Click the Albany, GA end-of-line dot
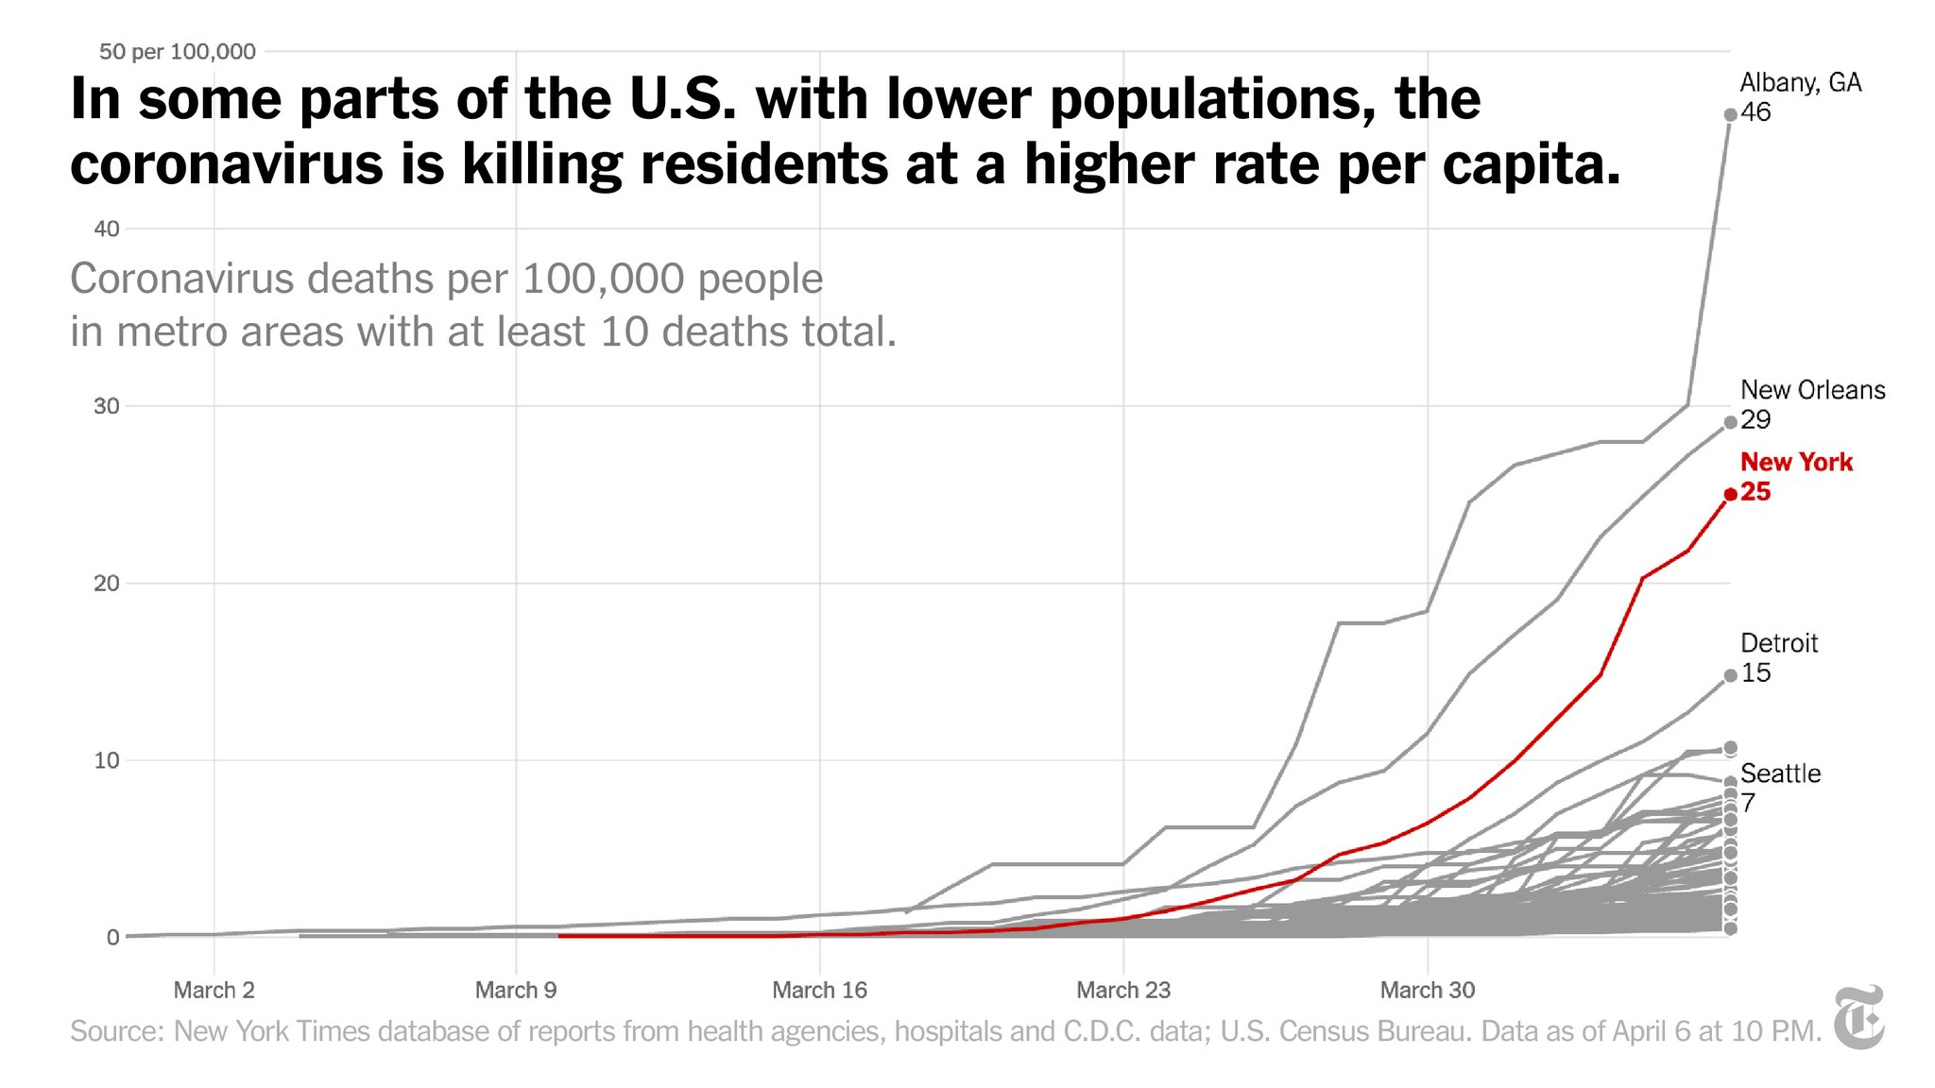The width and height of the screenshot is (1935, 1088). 1730,115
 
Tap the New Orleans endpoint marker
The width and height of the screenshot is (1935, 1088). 1730,423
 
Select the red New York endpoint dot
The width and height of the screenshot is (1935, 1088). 1730,494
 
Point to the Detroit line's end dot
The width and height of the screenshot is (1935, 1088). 1730,675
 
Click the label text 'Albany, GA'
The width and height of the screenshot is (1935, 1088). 1800,83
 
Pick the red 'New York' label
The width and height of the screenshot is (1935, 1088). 1796,462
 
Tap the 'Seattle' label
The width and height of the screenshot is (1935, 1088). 1780,773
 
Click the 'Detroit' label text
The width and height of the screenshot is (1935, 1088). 1778,643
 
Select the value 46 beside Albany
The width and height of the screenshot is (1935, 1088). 1755,112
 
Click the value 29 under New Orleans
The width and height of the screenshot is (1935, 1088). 1755,420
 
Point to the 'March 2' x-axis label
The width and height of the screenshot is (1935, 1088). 214,990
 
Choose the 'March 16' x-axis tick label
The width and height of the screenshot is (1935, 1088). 819,990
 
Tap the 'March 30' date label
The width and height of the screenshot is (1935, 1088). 1427,990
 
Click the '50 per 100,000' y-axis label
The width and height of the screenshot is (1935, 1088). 177,52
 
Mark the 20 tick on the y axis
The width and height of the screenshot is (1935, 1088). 107,583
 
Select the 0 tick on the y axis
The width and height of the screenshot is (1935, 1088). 113,937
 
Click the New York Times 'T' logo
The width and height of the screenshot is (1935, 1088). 1858,1017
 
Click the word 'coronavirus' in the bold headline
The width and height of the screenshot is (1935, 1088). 227,164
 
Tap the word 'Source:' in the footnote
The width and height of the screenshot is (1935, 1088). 116,1030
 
